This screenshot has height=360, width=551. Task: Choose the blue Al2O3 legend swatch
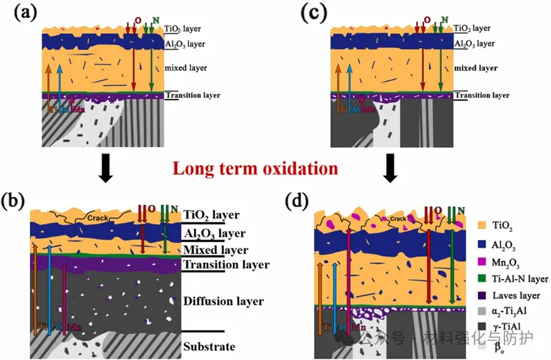tap(484, 243)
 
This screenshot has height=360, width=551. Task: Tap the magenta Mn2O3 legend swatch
tap(484, 261)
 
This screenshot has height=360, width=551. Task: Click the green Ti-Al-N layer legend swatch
tap(484, 278)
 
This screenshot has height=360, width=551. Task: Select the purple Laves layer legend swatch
tap(484, 296)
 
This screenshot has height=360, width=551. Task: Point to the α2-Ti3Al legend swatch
tap(484, 313)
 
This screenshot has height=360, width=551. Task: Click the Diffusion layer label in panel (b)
tap(214, 301)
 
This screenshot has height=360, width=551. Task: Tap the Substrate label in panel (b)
tap(209, 347)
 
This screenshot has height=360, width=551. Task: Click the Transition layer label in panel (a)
tap(193, 96)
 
